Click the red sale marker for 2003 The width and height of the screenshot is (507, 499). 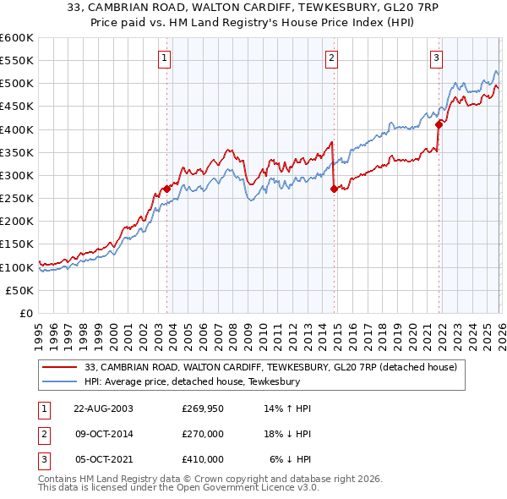(x=166, y=189)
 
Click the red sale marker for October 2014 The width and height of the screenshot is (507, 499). (x=333, y=189)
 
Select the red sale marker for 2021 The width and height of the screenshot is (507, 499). (x=439, y=124)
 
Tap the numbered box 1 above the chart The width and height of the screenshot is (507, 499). (x=164, y=58)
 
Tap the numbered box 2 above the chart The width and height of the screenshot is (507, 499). (x=331, y=58)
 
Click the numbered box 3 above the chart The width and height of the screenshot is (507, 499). (x=436, y=58)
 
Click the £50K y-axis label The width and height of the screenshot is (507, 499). (x=20, y=290)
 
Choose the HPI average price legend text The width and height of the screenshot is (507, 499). (x=193, y=381)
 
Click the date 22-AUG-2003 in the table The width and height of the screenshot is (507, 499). (x=104, y=409)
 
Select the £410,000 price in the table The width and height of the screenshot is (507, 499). (x=203, y=459)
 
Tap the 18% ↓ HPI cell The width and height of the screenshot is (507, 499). (x=287, y=434)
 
